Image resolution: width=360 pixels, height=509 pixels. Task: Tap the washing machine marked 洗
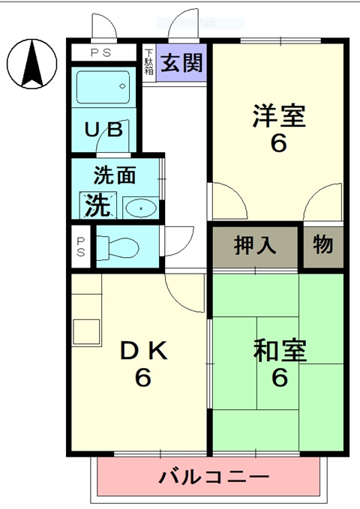click(97, 204)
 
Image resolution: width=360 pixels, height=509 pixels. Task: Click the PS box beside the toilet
click(80, 246)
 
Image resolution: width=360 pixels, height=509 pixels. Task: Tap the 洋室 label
click(278, 115)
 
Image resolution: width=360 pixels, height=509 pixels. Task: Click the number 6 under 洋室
click(278, 142)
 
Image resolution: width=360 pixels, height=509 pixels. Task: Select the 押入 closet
click(256, 245)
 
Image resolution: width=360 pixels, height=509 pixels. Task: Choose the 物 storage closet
click(323, 245)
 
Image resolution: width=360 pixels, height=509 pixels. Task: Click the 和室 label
click(279, 351)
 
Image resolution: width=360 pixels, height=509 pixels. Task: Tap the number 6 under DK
click(142, 379)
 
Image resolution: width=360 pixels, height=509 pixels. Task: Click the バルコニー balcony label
click(214, 477)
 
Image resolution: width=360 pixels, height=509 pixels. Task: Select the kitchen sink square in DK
click(85, 331)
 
